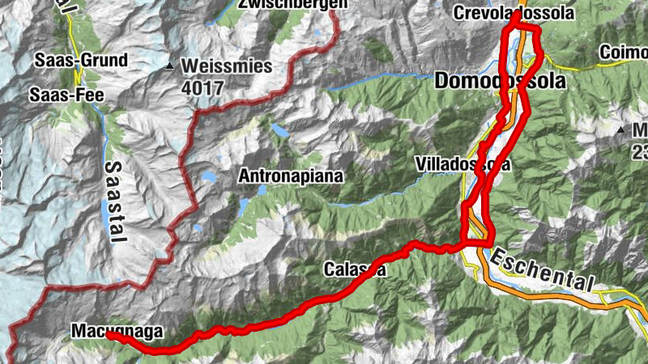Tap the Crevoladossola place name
pyautogui.click(x=514, y=13)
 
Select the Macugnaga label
pyautogui.click(x=117, y=331)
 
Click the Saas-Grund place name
pyautogui.click(x=80, y=60)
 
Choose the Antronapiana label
pyautogui.click(x=291, y=176)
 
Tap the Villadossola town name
pyautogui.click(x=463, y=163)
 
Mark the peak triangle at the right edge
pyautogui.click(x=620, y=130)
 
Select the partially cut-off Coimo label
pyautogui.click(x=623, y=53)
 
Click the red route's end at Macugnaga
pyautogui.click(x=109, y=336)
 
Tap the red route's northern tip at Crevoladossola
pyautogui.click(x=514, y=16)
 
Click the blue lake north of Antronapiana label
pyautogui.click(x=281, y=130)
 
